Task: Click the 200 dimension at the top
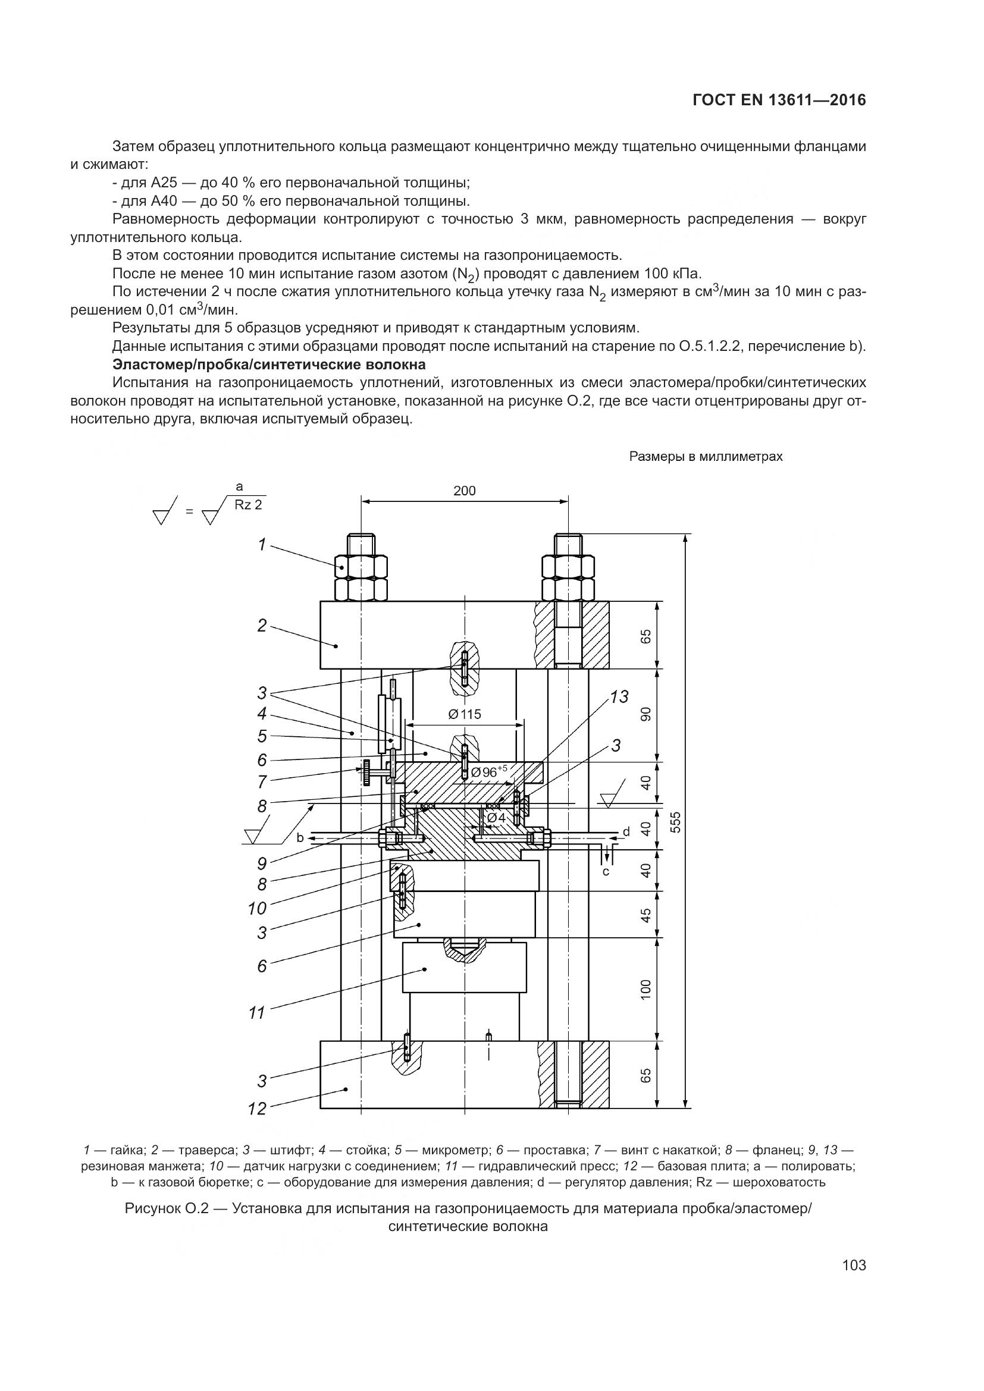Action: tap(465, 491)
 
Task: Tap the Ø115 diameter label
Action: tap(465, 714)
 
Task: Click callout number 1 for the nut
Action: tap(262, 545)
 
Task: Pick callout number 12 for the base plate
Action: tap(258, 1109)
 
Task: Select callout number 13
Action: tap(619, 698)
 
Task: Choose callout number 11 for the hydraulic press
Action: tap(258, 1012)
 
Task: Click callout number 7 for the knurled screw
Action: tap(262, 782)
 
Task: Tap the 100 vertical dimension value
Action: tap(646, 989)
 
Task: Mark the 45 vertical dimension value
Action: tap(646, 915)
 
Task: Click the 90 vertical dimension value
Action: tap(646, 715)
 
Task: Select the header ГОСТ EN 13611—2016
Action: tap(779, 101)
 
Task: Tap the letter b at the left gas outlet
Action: tap(300, 838)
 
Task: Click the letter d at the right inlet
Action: tap(626, 832)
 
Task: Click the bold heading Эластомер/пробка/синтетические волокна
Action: tap(269, 365)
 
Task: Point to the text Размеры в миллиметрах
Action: tap(706, 457)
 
